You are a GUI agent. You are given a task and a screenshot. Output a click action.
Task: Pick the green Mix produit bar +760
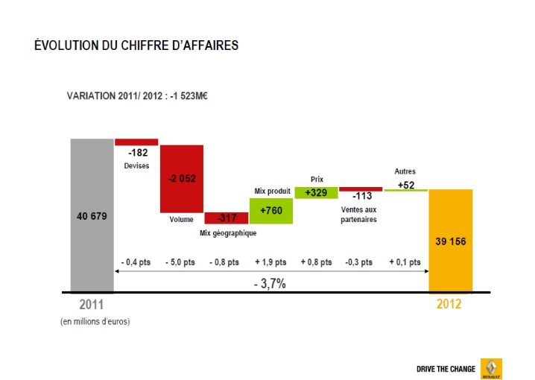click(271, 211)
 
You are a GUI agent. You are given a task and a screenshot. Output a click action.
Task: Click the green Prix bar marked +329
click(316, 192)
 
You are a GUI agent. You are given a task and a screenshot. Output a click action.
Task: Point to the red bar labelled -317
click(227, 218)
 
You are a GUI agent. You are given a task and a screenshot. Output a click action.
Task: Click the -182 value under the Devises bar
click(138, 153)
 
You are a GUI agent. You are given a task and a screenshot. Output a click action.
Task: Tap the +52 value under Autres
click(406, 185)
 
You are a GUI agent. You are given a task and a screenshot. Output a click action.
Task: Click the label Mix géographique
click(228, 233)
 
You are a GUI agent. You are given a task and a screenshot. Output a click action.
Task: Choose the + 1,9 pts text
click(270, 262)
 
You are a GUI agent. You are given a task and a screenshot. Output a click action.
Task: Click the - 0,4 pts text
click(136, 262)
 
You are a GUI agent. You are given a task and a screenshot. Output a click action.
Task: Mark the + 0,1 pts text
click(405, 262)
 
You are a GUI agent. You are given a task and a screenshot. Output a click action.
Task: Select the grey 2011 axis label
click(92, 305)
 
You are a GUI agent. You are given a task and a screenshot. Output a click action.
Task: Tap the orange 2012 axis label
click(449, 305)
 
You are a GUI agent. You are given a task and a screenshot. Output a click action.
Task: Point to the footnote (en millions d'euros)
click(95, 322)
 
